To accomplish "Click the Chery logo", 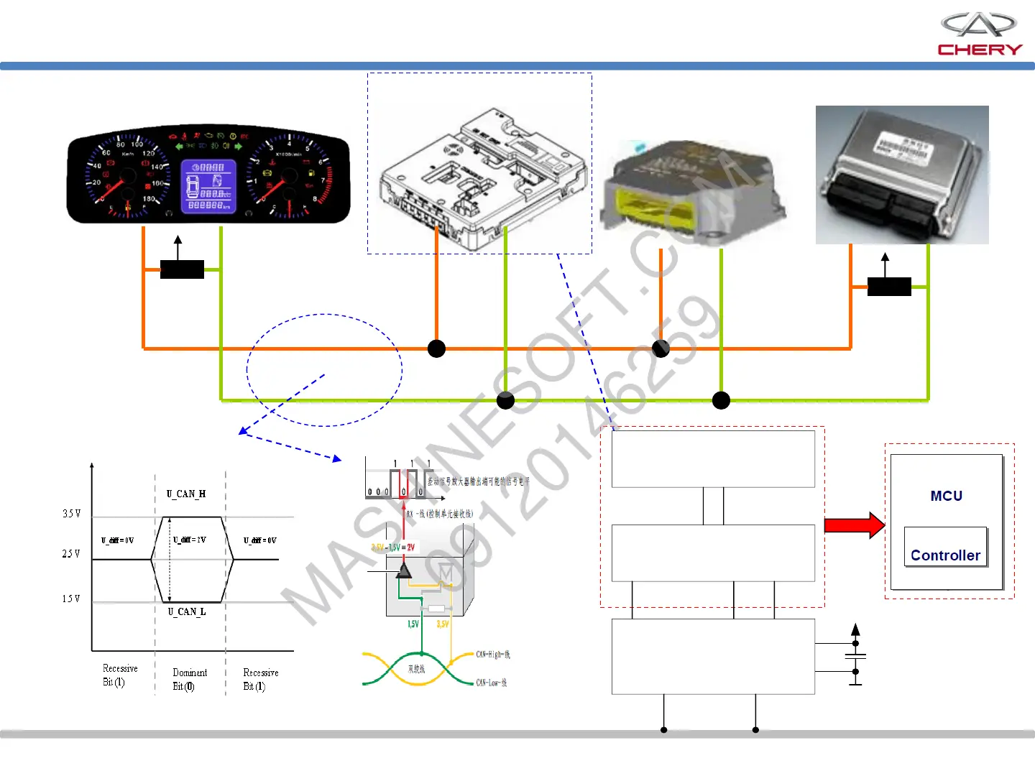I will click(x=979, y=34).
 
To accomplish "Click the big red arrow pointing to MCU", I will click(x=854, y=525).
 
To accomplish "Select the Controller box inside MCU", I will click(x=945, y=548).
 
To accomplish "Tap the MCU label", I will click(x=946, y=496).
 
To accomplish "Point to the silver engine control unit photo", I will click(x=902, y=175).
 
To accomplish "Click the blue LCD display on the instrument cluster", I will click(x=208, y=186).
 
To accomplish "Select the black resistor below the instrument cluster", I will click(x=182, y=269).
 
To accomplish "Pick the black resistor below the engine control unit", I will click(x=889, y=287).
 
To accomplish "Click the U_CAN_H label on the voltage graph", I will click(x=186, y=494).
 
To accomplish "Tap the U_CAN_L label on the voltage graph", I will click(x=187, y=611).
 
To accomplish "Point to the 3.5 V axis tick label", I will click(x=71, y=514).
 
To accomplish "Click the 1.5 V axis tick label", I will click(x=71, y=599).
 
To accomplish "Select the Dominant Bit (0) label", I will click(x=189, y=679).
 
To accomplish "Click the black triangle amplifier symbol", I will click(x=404, y=571).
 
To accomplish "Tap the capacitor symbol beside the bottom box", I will click(x=855, y=657).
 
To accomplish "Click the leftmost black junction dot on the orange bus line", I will click(x=436, y=348).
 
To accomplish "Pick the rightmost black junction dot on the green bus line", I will click(x=721, y=400).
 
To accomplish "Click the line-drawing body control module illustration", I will click(x=479, y=180).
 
